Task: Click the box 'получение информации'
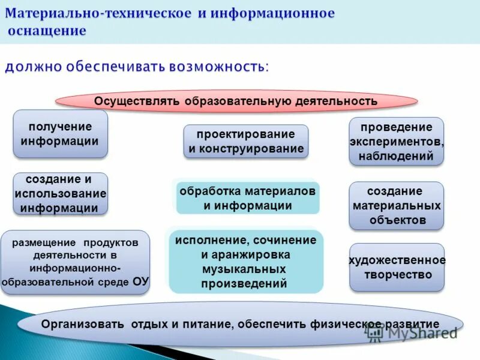point(60,134)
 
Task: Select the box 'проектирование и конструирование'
point(245,142)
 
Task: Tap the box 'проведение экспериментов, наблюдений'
point(396,142)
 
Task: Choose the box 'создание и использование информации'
point(60,194)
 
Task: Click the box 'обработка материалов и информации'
point(247,198)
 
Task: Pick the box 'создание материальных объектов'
point(396,206)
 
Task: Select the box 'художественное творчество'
point(397,267)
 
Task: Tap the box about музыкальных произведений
point(246,262)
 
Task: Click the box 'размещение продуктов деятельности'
point(75,262)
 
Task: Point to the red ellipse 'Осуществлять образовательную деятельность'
point(236,101)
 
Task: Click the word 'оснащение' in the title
point(47,31)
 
